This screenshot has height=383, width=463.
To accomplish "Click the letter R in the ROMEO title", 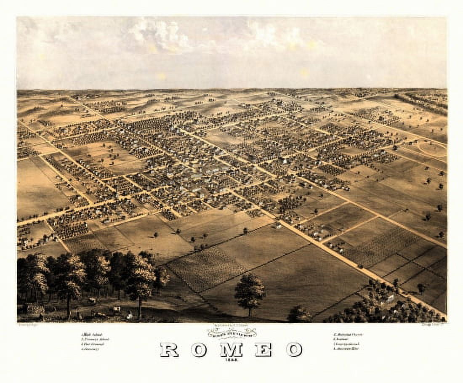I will [x=169, y=349].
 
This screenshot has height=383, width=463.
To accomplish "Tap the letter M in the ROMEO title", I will [x=231, y=349].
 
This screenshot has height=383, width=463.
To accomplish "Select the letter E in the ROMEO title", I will [x=263, y=349].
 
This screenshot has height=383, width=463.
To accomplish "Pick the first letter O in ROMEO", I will [x=199, y=349].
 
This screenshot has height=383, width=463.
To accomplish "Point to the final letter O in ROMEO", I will [x=294, y=349].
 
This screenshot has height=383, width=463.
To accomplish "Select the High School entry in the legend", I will [x=91, y=334].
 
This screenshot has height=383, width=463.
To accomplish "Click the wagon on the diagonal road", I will [x=360, y=266].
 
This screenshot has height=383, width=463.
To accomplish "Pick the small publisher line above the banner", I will [x=231, y=326].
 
